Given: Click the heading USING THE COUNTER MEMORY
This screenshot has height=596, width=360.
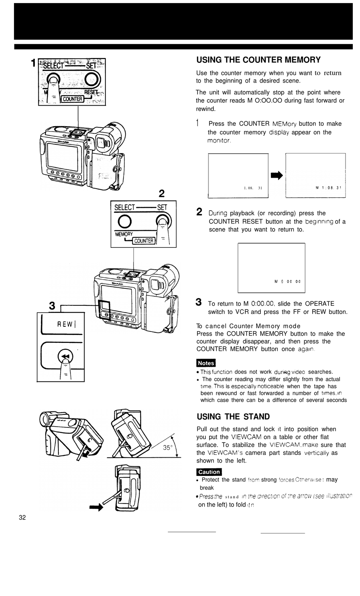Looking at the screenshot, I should [x=258, y=60].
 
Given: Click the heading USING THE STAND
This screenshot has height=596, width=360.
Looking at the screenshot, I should [x=233, y=417].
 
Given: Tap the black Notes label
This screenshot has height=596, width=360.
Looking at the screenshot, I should [x=206, y=363].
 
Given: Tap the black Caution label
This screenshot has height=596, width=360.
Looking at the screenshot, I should [x=209, y=472].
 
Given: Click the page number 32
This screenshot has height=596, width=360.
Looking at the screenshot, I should [x=22, y=518].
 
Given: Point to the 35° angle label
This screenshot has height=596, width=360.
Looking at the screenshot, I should [x=167, y=447].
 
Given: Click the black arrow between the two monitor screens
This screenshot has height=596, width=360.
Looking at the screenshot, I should [x=277, y=175].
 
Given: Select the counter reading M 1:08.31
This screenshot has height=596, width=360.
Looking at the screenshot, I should [x=329, y=188].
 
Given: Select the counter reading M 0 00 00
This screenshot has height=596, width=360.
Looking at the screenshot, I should [x=287, y=282].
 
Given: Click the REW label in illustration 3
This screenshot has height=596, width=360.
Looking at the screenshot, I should [x=66, y=324].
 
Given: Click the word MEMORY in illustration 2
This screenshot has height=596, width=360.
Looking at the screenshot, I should [x=124, y=234].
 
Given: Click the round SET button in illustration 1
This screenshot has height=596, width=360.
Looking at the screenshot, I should [x=92, y=80].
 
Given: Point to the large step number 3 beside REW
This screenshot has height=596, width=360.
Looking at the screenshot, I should [x=52, y=305].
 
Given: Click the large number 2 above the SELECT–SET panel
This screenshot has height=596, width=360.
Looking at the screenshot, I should [x=162, y=194].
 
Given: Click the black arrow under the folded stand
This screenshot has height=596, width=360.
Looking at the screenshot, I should [x=96, y=508].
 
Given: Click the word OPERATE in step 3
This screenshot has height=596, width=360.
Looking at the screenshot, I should [x=319, y=303].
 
